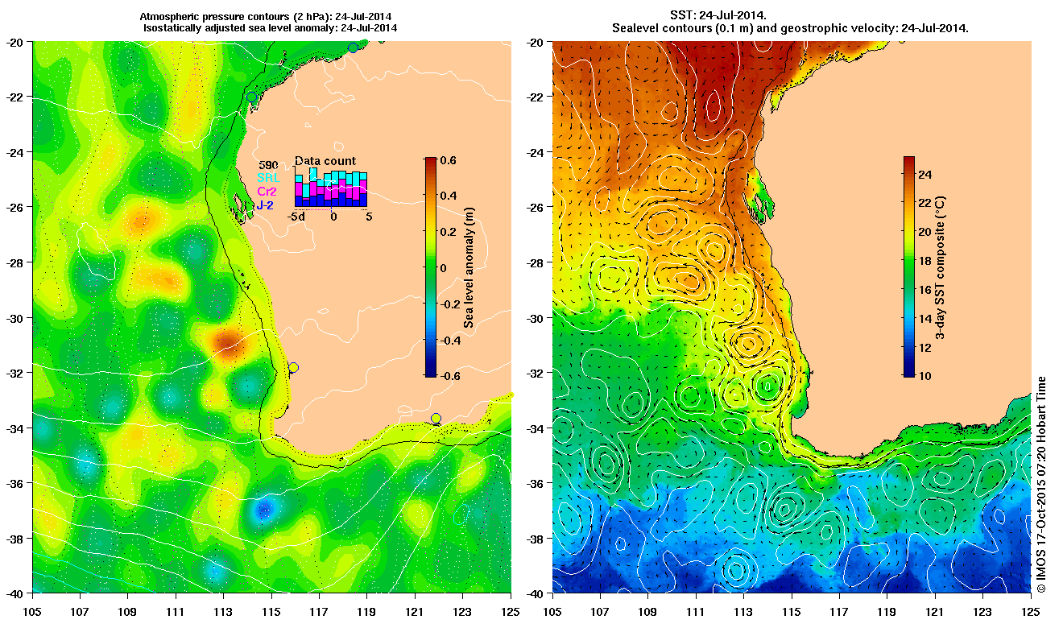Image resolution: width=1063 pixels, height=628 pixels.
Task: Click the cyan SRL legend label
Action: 267,178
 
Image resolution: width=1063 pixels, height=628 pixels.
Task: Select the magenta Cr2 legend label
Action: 267,192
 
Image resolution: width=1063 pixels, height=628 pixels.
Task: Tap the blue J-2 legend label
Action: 266,205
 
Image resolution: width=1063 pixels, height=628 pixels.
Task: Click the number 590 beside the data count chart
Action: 268,165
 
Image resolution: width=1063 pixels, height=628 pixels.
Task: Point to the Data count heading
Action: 325,161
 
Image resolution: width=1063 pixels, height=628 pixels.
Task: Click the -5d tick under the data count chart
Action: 297,217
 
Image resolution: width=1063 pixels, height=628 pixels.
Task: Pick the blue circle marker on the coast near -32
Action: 293,367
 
